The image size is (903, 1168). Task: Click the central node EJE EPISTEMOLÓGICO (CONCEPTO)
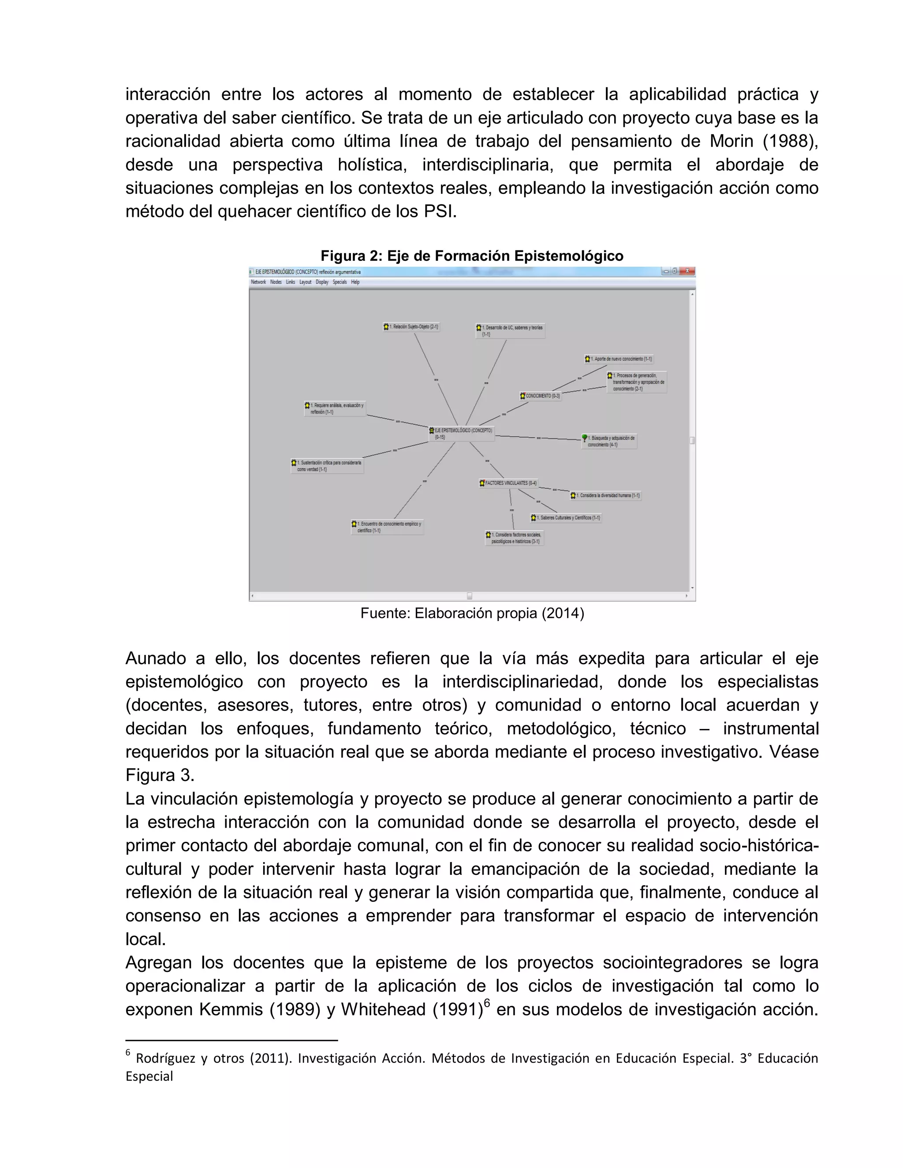pos(462,433)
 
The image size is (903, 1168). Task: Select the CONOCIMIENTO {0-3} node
pos(540,396)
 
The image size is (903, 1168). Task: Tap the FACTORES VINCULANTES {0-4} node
pos(508,483)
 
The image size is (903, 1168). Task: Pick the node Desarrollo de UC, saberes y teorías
pos(511,330)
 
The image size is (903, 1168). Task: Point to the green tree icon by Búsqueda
pos(585,438)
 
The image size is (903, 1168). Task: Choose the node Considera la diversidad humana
pos(605,495)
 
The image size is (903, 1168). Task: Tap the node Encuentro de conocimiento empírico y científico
pos(387,527)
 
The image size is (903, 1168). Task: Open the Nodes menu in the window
pos(276,282)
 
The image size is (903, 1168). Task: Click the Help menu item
pos(355,282)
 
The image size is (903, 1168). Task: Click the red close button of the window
pos(687,271)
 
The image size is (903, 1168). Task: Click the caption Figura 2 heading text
pos(472,256)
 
